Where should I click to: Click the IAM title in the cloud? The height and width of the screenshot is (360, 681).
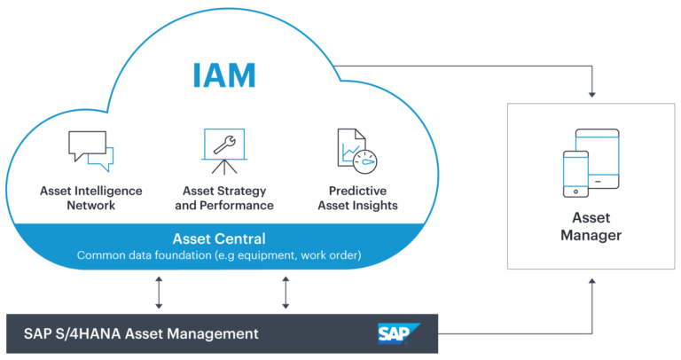[x=223, y=75]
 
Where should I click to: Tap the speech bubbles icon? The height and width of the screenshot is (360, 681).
[x=90, y=151]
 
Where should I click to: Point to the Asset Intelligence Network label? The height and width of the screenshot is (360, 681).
[x=90, y=198]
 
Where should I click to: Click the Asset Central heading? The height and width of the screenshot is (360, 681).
[x=222, y=239]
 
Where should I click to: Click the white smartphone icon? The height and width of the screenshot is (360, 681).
[x=576, y=173]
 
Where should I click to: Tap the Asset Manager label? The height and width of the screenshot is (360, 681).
[x=591, y=226]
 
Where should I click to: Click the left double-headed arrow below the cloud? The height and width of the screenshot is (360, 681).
[x=159, y=293]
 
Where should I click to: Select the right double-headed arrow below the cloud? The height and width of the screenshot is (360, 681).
[x=286, y=293]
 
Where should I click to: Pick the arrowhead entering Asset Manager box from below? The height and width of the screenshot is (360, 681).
[x=591, y=280]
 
